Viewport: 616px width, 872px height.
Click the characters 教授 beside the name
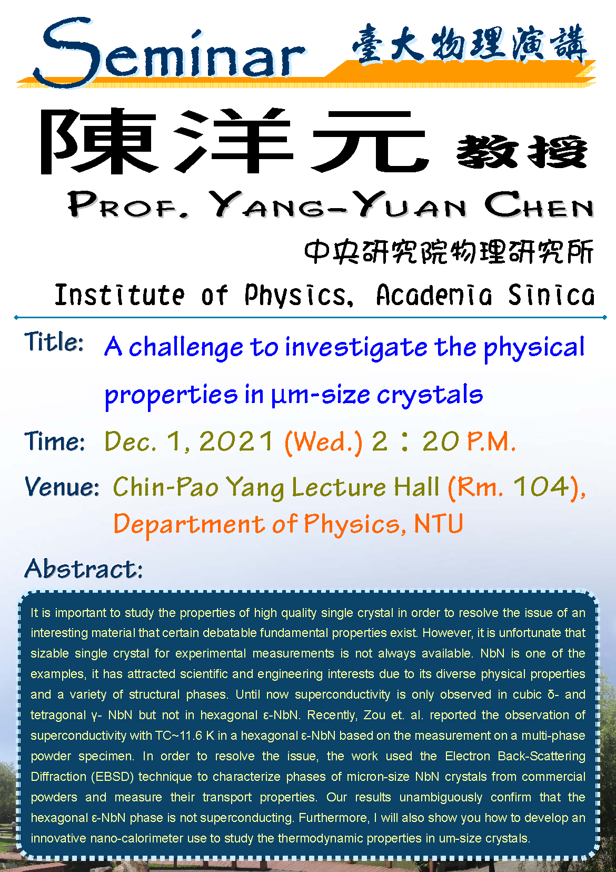[x=522, y=151]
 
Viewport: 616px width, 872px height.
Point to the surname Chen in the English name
[x=539, y=204]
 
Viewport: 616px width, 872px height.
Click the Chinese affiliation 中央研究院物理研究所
[x=449, y=252]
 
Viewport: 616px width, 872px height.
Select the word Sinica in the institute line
[x=551, y=295]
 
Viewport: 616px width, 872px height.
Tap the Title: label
[x=54, y=342]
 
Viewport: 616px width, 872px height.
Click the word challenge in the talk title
[x=186, y=347]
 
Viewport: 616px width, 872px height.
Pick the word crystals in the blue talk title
[x=430, y=395]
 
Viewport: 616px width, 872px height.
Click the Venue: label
[x=62, y=486]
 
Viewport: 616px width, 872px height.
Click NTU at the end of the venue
[x=439, y=523]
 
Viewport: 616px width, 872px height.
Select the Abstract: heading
[x=84, y=569]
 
